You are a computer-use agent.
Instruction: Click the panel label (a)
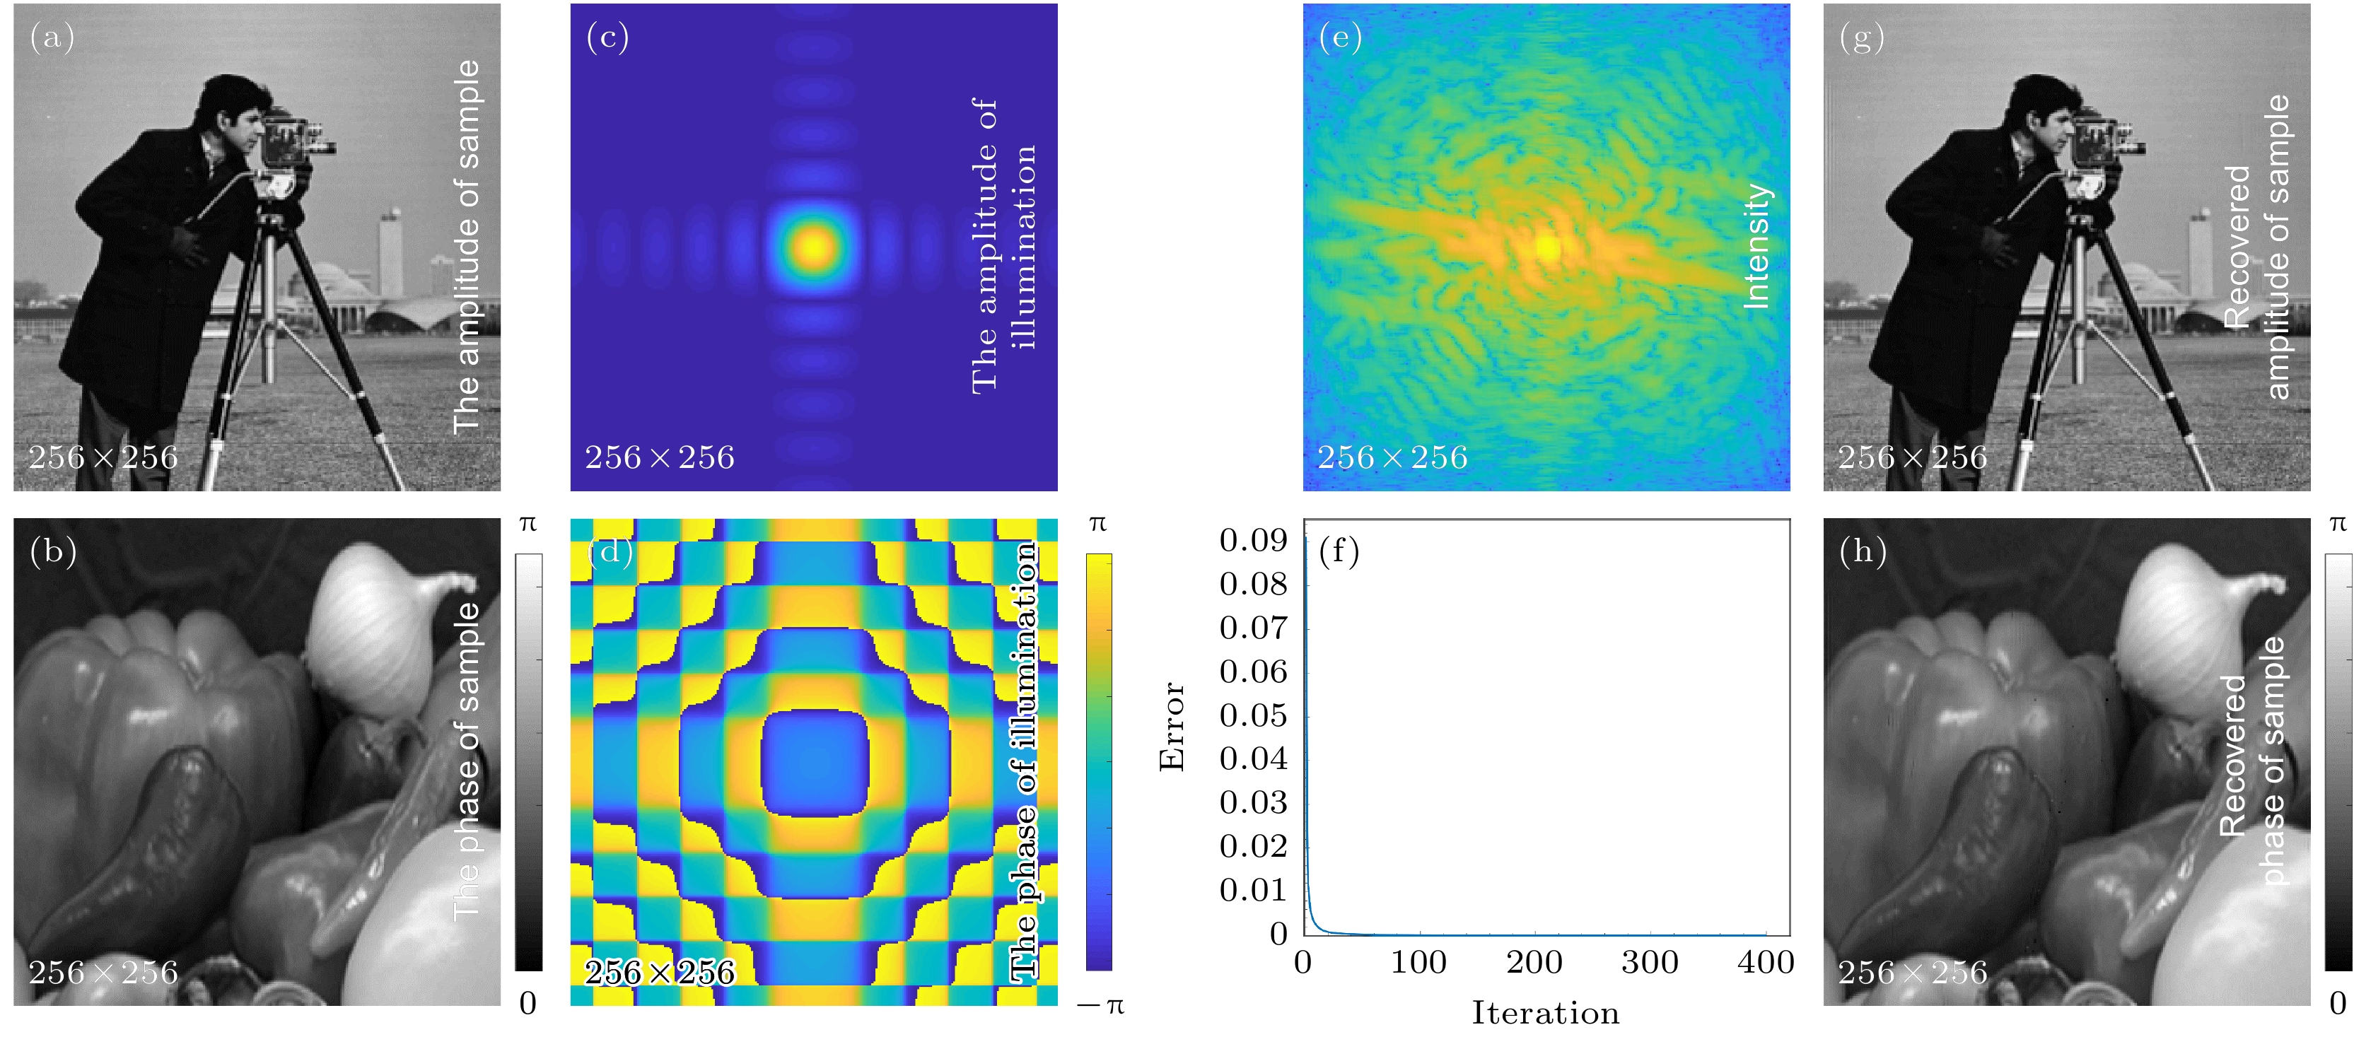(x=52, y=37)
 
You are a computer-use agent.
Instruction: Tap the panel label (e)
(x=1340, y=37)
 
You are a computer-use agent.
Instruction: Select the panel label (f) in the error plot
(x=1339, y=551)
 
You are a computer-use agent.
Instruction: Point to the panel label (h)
(x=1863, y=551)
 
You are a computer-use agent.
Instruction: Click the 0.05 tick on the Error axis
(x=1253, y=715)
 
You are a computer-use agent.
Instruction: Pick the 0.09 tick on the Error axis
(x=1253, y=540)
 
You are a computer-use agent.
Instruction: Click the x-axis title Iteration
(x=1546, y=1013)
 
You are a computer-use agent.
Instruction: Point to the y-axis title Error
(x=1172, y=726)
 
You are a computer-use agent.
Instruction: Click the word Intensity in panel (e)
(x=1756, y=246)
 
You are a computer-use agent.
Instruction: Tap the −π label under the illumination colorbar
(x=1100, y=1005)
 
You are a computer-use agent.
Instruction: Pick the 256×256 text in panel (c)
(x=660, y=457)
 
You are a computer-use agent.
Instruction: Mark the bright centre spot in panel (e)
(x=1548, y=246)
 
